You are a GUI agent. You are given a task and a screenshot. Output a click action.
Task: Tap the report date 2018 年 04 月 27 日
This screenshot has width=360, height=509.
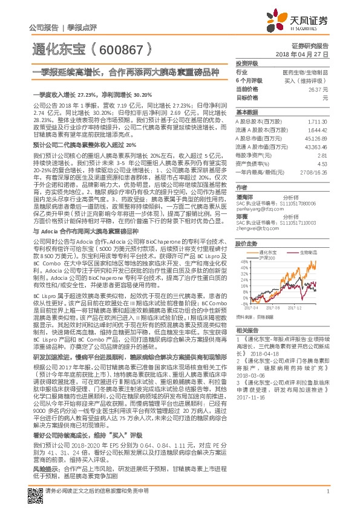[306, 54]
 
